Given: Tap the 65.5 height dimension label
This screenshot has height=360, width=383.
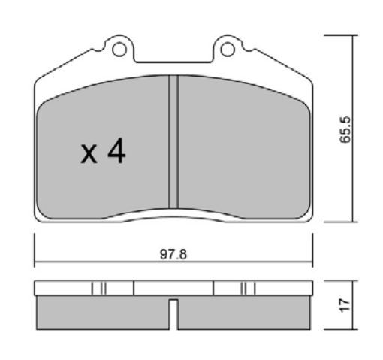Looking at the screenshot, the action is pyautogui.click(x=345, y=129).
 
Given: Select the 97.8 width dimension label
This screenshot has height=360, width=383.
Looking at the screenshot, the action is pyautogui.click(x=173, y=254).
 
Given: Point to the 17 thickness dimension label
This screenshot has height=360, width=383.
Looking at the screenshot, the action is pyautogui.click(x=345, y=305).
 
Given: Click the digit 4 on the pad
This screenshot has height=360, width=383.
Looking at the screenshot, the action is pyautogui.click(x=116, y=150).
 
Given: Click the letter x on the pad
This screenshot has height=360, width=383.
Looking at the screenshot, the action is pyautogui.click(x=89, y=154).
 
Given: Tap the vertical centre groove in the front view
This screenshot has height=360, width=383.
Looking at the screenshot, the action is pyautogui.click(x=173, y=141).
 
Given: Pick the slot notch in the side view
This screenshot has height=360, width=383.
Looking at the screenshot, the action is pyautogui.click(x=173, y=314).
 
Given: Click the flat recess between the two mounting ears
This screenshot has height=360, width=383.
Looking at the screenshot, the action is pyautogui.click(x=173, y=62).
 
